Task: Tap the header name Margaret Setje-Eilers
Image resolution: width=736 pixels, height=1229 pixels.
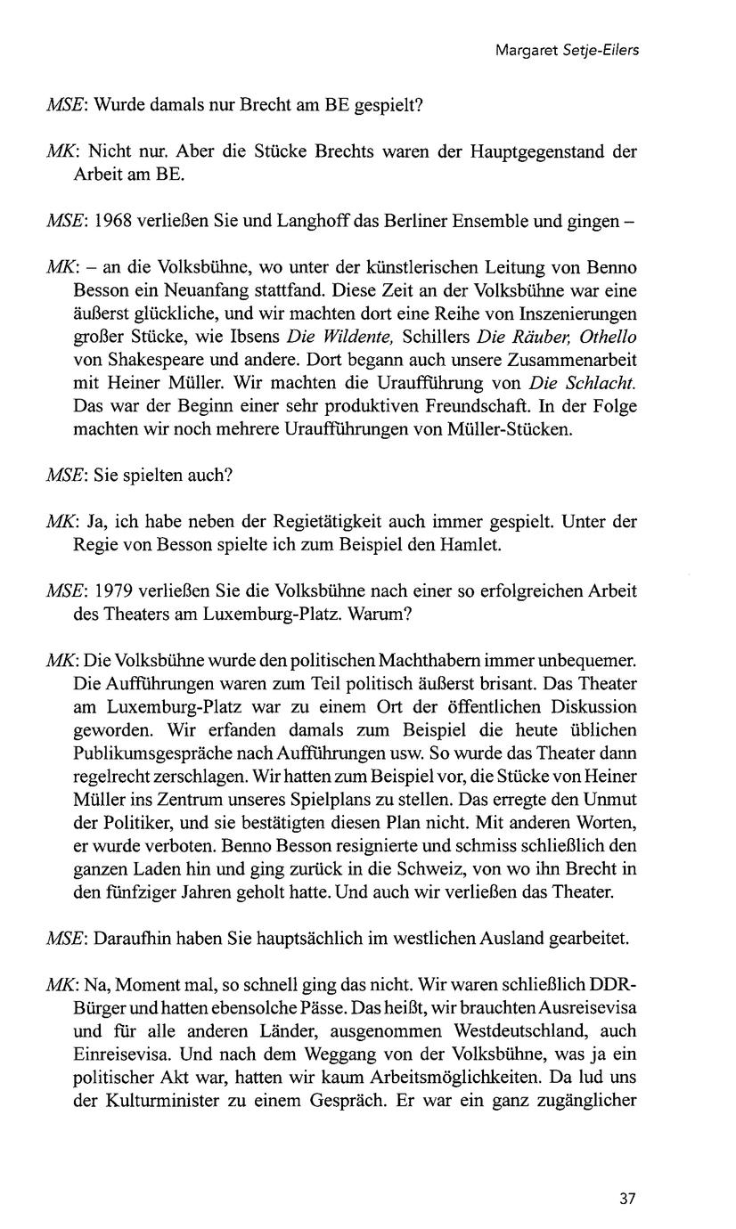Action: point(567,51)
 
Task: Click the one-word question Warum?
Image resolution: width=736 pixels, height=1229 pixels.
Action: point(389,614)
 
